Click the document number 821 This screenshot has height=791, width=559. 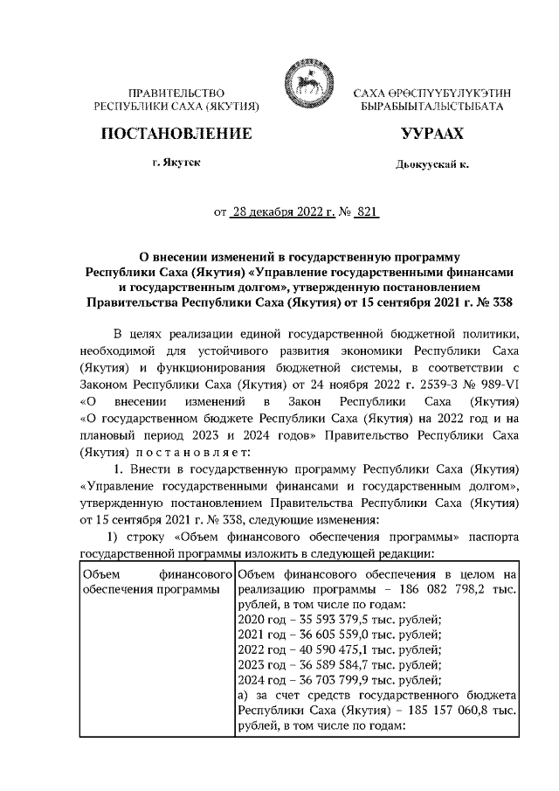tap(364, 212)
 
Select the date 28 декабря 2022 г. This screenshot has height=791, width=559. tap(275, 212)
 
